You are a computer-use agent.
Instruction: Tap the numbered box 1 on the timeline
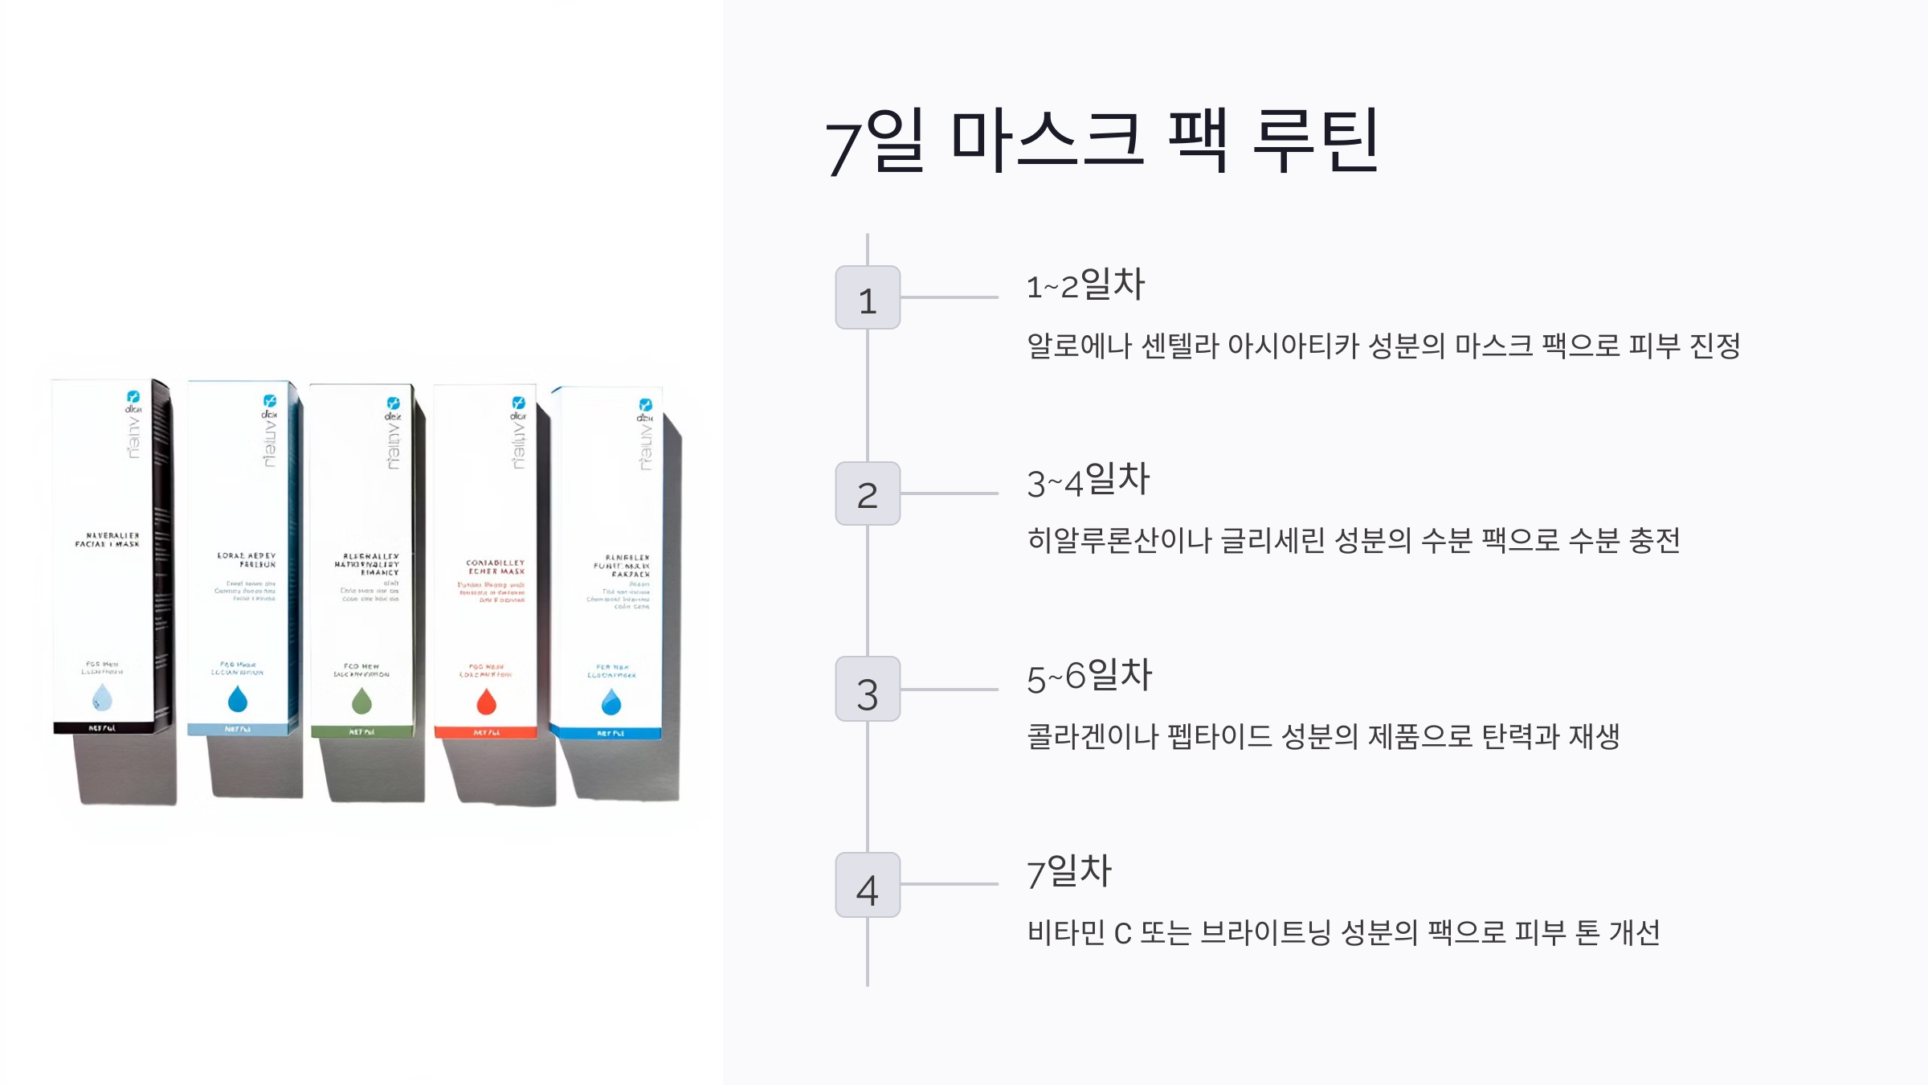[868, 297]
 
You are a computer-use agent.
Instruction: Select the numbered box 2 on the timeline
[868, 493]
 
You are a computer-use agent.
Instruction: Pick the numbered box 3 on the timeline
[868, 690]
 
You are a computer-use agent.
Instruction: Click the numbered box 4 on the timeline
[868, 885]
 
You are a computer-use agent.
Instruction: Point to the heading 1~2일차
[1085, 285]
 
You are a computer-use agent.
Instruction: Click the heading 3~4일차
[1089, 481]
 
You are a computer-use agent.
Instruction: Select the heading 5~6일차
[1089, 677]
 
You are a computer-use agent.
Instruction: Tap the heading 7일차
[1069, 872]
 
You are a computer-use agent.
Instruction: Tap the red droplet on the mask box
[486, 702]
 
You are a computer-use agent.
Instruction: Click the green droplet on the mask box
[362, 701]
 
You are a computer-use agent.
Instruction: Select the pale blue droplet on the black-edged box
[102, 697]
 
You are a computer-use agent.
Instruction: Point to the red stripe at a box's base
[485, 732]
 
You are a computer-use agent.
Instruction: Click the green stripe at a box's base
[362, 732]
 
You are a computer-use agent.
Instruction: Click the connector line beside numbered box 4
[949, 884]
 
